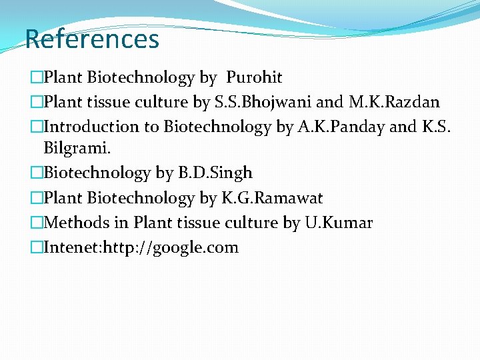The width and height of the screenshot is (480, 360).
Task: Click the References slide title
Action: click(x=92, y=39)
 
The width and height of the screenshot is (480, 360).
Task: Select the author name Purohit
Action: click(x=254, y=78)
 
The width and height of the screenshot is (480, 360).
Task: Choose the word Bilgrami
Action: click(x=73, y=148)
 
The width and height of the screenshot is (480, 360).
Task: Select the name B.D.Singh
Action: click(x=215, y=173)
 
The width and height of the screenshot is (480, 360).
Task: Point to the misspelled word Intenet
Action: click(x=72, y=248)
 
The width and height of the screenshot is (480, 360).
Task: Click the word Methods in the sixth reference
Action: click(x=73, y=223)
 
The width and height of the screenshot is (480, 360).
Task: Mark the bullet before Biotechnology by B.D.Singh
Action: click(x=36, y=173)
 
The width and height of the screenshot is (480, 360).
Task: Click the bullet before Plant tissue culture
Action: click(x=36, y=102)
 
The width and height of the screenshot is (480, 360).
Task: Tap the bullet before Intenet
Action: click(x=36, y=248)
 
